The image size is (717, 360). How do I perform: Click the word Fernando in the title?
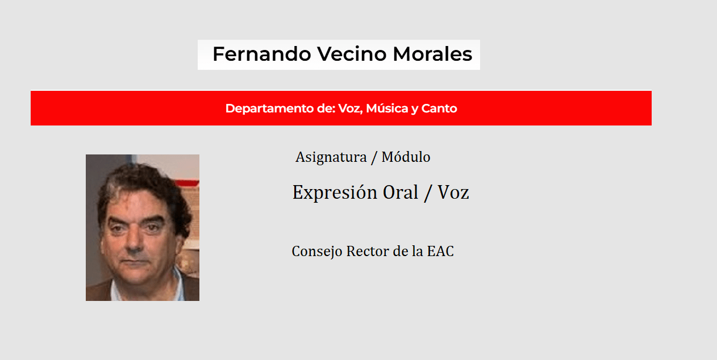(x=262, y=54)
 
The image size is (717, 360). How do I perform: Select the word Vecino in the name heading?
(x=352, y=54)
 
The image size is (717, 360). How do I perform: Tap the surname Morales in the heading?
(x=432, y=54)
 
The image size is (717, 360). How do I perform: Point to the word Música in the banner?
(x=387, y=108)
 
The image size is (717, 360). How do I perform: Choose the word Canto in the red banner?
(x=439, y=108)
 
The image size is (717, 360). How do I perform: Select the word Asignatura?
(x=331, y=157)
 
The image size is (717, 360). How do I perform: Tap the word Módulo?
(x=406, y=157)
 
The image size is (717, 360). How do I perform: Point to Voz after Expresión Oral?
(x=453, y=192)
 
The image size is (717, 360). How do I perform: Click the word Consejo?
(x=317, y=252)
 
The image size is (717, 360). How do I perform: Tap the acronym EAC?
(x=440, y=251)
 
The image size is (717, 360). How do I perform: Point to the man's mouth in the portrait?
(x=135, y=261)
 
